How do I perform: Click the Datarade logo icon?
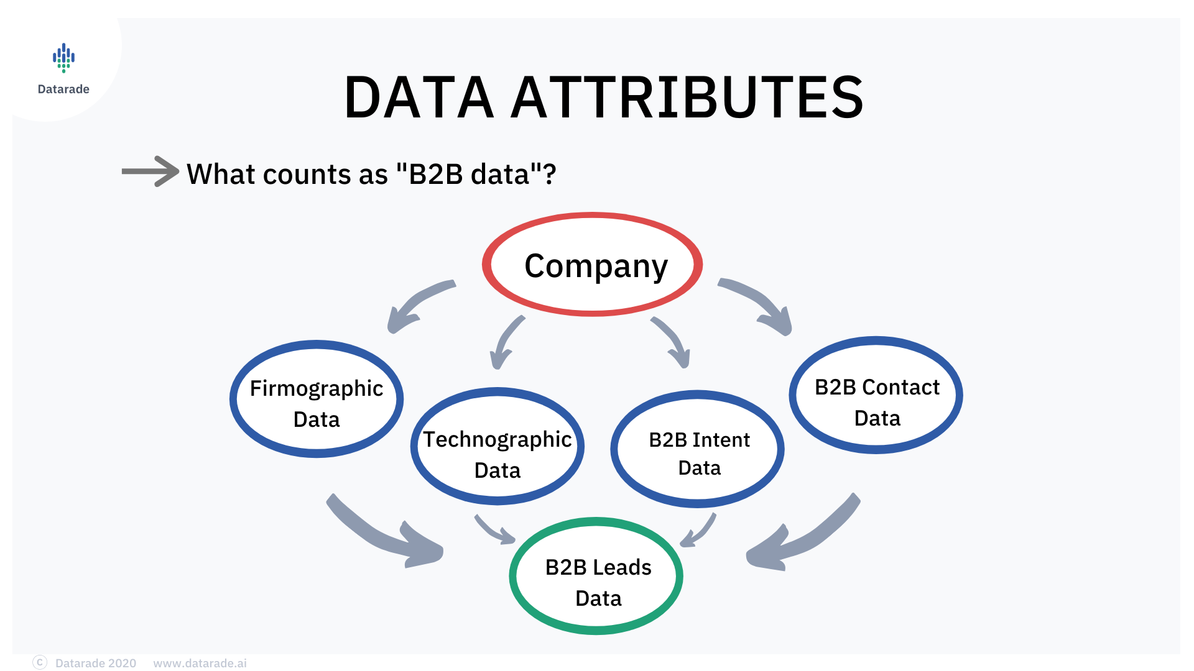63,58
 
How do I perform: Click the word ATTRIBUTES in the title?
687,97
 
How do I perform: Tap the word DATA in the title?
419,97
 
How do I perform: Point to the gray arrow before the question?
150,171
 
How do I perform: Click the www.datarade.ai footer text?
200,663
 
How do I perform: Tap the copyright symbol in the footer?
40,662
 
